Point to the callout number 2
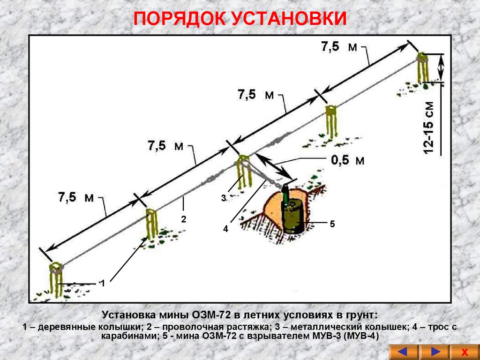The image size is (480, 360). [x=184, y=219]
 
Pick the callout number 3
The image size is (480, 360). [x=224, y=199]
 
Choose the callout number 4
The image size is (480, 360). [x=225, y=229]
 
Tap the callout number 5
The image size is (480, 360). [x=332, y=225]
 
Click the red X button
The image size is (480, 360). [x=464, y=352]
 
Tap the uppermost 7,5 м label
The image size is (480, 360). [x=339, y=47]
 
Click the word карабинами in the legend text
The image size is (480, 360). [x=127, y=336]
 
